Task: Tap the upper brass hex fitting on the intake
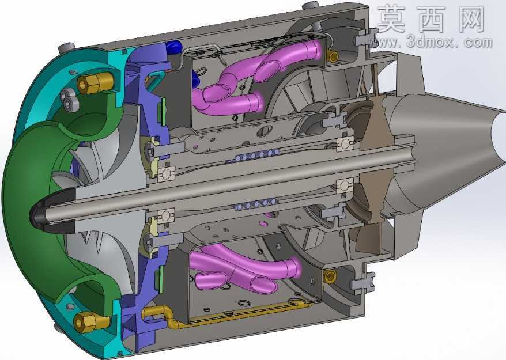click(x=95, y=82)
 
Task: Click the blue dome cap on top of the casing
click(x=174, y=47)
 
